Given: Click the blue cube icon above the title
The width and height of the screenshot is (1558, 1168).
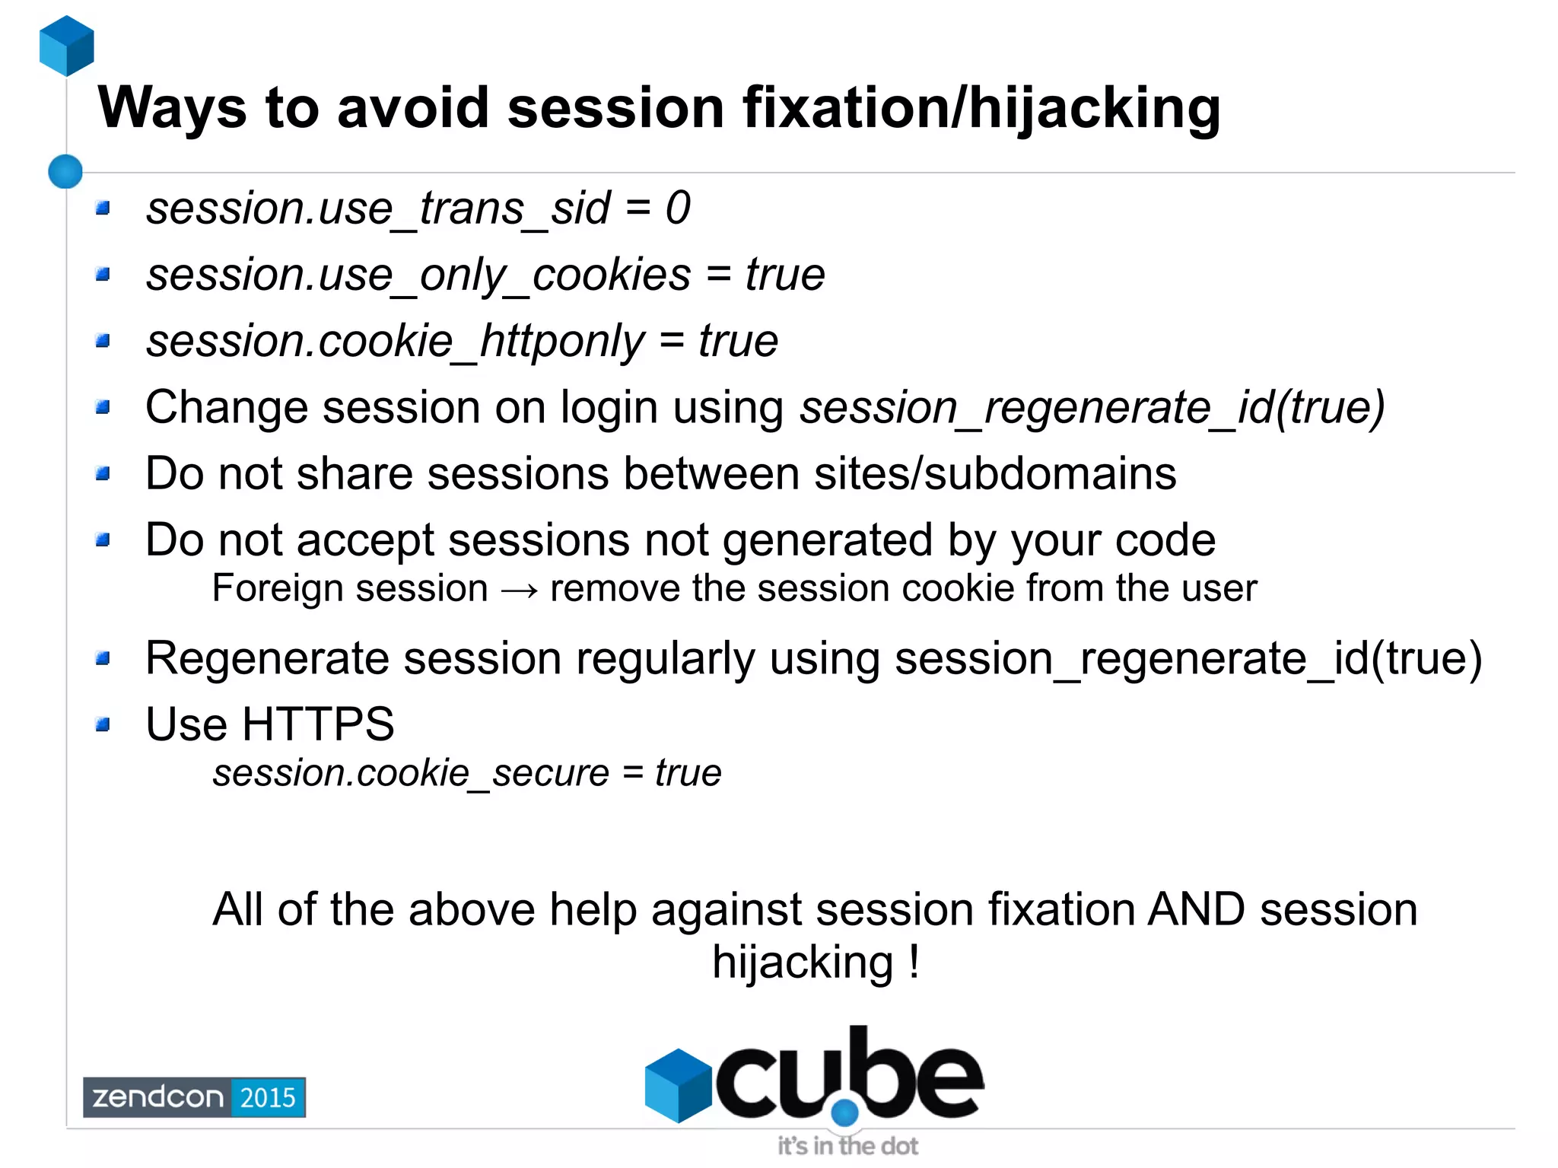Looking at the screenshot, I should tap(66, 46).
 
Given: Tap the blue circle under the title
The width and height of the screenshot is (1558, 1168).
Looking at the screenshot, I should tap(65, 171).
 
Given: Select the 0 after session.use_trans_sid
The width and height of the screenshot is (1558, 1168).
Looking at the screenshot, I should tap(677, 208).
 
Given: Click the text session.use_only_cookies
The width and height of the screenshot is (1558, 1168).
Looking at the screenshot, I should tap(418, 275).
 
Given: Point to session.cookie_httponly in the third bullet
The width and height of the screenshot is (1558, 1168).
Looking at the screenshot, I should tap(396, 341).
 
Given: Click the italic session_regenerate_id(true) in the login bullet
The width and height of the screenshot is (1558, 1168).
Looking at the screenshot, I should tap(1092, 408).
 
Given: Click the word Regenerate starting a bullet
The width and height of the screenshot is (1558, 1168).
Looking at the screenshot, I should tap(266, 658).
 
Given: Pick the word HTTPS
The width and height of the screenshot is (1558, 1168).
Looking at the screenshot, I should tap(317, 724).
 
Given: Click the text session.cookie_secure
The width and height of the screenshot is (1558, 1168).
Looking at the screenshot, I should tap(411, 774).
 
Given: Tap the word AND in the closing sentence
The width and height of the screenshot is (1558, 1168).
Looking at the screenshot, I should tap(1196, 909).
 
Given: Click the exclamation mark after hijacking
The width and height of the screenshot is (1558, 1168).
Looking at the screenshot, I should tap(914, 962).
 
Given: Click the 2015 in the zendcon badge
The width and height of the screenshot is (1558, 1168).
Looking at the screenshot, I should tap(267, 1097).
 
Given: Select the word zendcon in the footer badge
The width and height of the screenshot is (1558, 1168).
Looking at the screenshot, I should tap(157, 1097).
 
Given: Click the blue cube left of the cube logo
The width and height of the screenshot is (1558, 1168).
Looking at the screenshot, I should tap(677, 1085).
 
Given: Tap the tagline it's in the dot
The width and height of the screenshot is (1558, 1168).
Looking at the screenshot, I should tap(847, 1146).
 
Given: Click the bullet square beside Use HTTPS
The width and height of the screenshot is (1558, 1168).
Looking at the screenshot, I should tap(103, 724).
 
